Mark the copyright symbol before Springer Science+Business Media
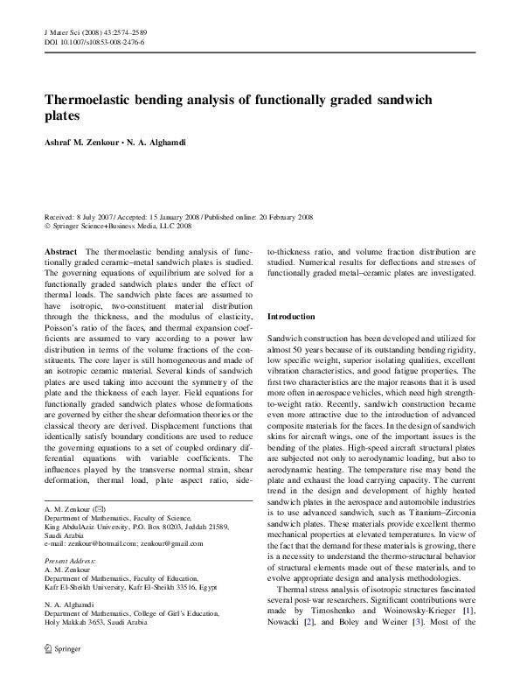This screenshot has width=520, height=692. (x=47, y=226)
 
